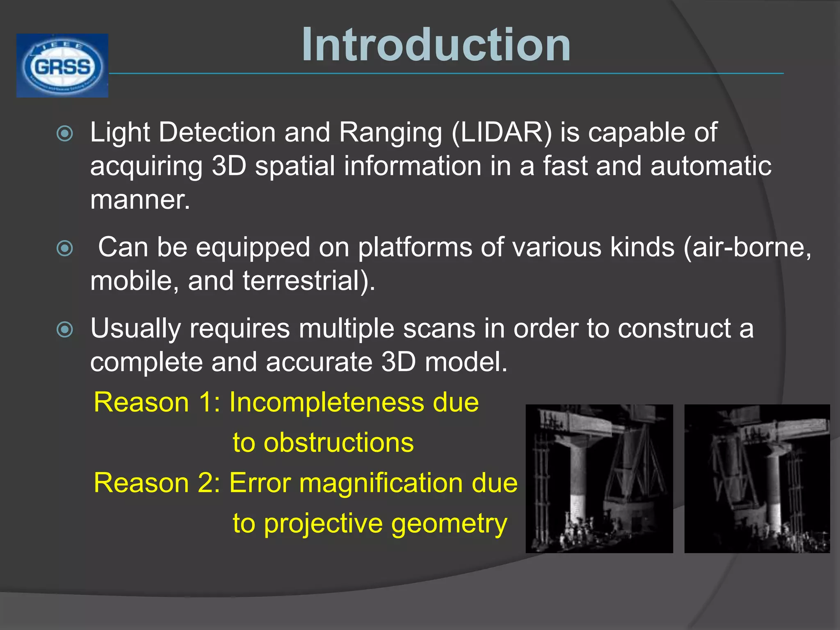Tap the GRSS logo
pyautogui.click(x=62, y=66)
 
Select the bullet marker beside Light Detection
pyautogui.click(x=65, y=134)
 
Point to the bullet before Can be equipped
pyautogui.click(x=65, y=249)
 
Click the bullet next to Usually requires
pyautogui.click(x=65, y=329)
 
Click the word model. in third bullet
pyautogui.click(x=466, y=362)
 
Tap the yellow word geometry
pyautogui.click(x=449, y=524)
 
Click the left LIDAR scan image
pyautogui.click(x=599, y=479)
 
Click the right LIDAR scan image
pyautogui.click(x=757, y=479)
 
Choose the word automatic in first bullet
pyautogui.click(x=711, y=166)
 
